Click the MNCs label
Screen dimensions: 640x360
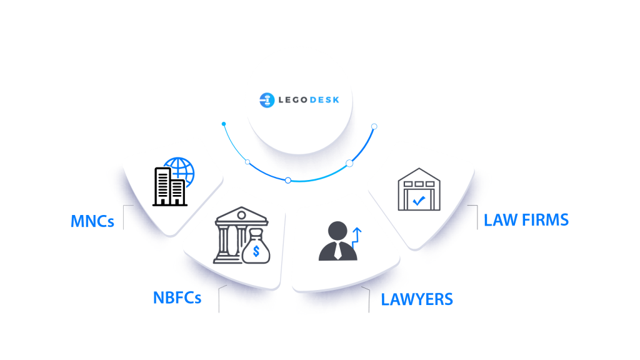[92, 221]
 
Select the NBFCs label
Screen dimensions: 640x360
[177, 297]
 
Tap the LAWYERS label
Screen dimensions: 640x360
[417, 299]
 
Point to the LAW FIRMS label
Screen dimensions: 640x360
[526, 220]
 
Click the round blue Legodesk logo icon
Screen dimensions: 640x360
[267, 100]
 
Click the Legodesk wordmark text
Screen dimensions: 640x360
[309, 100]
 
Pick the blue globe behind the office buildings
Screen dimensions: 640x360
[179, 171]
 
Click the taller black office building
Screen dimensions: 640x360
[162, 186]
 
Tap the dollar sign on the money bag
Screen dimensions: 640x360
[256, 251]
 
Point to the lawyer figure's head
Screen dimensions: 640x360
[337, 231]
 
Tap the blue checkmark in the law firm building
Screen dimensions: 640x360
[419, 201]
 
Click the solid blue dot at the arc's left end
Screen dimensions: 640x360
[224, 124]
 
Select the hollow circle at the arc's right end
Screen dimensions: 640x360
[374, 126]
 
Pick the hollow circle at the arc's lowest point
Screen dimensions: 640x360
[288, 181]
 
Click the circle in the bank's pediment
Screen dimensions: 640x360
[241, 215]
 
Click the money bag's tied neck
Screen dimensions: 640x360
[256, 235]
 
